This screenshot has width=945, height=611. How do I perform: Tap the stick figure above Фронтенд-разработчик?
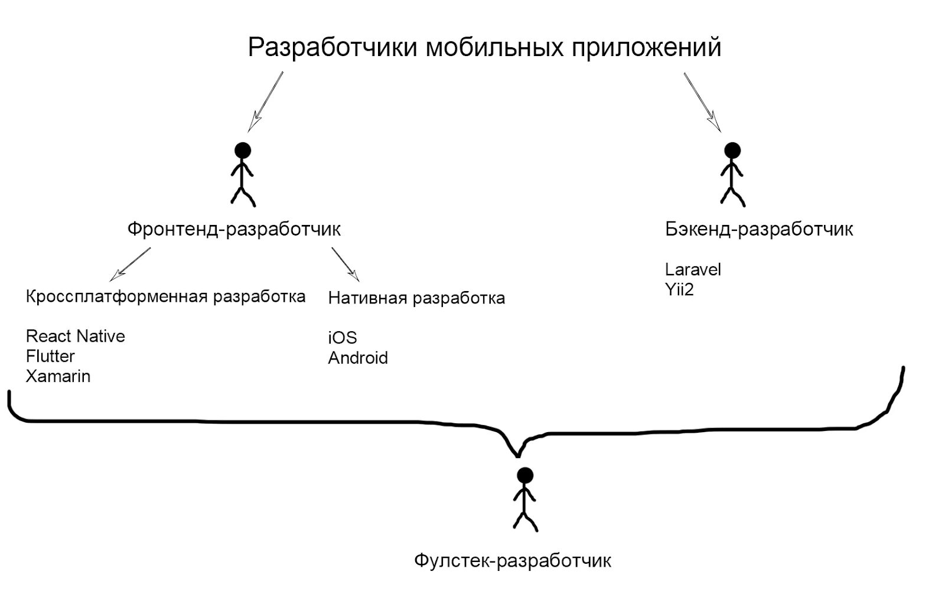pos(242,174)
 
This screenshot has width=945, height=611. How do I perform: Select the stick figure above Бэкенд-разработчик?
pos(732,174)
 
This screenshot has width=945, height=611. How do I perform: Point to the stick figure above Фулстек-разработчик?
pos(524,499)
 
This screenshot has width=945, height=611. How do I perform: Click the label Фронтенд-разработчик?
pos(234,229)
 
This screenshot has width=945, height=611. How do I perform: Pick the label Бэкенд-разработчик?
pos(759,229)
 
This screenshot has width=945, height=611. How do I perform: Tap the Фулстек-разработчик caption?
pos(513,560)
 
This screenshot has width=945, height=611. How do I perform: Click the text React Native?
pos(76,336)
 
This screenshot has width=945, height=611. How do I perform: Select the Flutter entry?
pos(50,356)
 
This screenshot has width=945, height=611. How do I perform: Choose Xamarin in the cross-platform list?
pos(58,376)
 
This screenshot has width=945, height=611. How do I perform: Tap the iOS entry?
pos(343,338)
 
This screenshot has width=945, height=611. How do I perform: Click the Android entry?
pos(358,358)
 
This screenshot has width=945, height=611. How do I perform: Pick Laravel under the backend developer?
pos(693,269)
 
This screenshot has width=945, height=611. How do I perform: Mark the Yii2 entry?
pos(679,289)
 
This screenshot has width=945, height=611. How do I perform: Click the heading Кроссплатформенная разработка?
pos(165,296)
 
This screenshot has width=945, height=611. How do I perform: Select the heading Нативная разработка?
pos(416,298)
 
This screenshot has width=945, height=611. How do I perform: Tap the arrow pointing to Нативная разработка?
pos(345,263)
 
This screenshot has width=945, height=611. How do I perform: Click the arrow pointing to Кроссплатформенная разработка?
pos(131,263)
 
